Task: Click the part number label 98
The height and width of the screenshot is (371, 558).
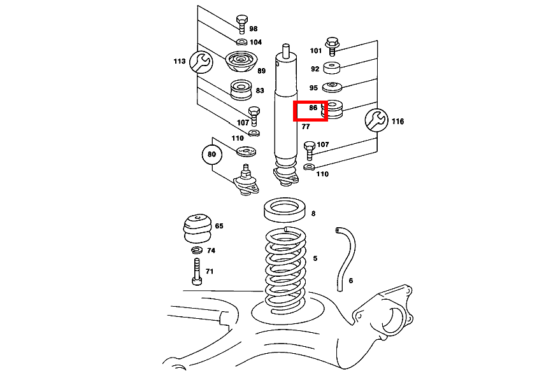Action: tap(253, 29)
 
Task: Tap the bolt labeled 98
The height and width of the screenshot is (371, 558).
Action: tap(241, 24)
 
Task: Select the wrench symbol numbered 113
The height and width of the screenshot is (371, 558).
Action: tap(201, 62)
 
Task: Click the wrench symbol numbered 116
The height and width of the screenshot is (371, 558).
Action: tap(376, 120)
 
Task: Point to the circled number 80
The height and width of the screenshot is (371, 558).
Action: tap(211, 154)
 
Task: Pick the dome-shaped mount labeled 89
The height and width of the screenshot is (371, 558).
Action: tap(241, 62)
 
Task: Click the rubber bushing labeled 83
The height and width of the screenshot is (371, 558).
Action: tap(241, 90)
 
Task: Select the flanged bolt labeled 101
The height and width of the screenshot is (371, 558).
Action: tap(332, 46)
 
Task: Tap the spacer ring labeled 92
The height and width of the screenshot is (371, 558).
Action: tap(332, 67)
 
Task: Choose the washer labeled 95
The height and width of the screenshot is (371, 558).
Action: tap(332, 87)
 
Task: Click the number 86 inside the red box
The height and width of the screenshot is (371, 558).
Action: tap(313, 108)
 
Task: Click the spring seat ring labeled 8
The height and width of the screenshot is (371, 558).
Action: tap(285, 209)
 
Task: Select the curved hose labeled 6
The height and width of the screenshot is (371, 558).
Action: tap(345, 259)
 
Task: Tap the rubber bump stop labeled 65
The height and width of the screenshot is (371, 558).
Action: tap(198, 228)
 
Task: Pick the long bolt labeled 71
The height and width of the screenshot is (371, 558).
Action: tap(197, 271)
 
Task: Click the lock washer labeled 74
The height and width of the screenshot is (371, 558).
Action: tap(196, 250)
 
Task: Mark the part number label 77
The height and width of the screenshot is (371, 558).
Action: tap(306, 127)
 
